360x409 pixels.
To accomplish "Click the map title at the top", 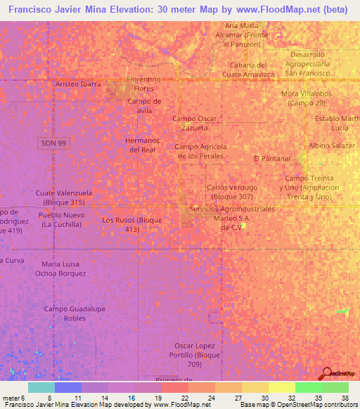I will click(x=179, y=10).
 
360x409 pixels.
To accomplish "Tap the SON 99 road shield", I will click(x=47, y=143).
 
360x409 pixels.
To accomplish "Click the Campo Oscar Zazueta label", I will click(x=195, y=124).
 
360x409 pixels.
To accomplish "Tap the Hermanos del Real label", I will click(x=139, y=145).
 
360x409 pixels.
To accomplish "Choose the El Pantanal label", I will click(x=271, y=159).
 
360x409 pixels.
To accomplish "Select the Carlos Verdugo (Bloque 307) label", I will click(x=232, y=192).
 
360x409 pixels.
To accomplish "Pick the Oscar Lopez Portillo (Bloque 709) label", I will click(x=200, y=355).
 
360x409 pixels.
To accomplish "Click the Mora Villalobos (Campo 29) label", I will click(x=306, y=98).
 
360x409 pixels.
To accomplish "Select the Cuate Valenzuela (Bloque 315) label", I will click(x=64, y=197).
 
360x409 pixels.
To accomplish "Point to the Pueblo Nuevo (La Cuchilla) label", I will click(x=62, y=219).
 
